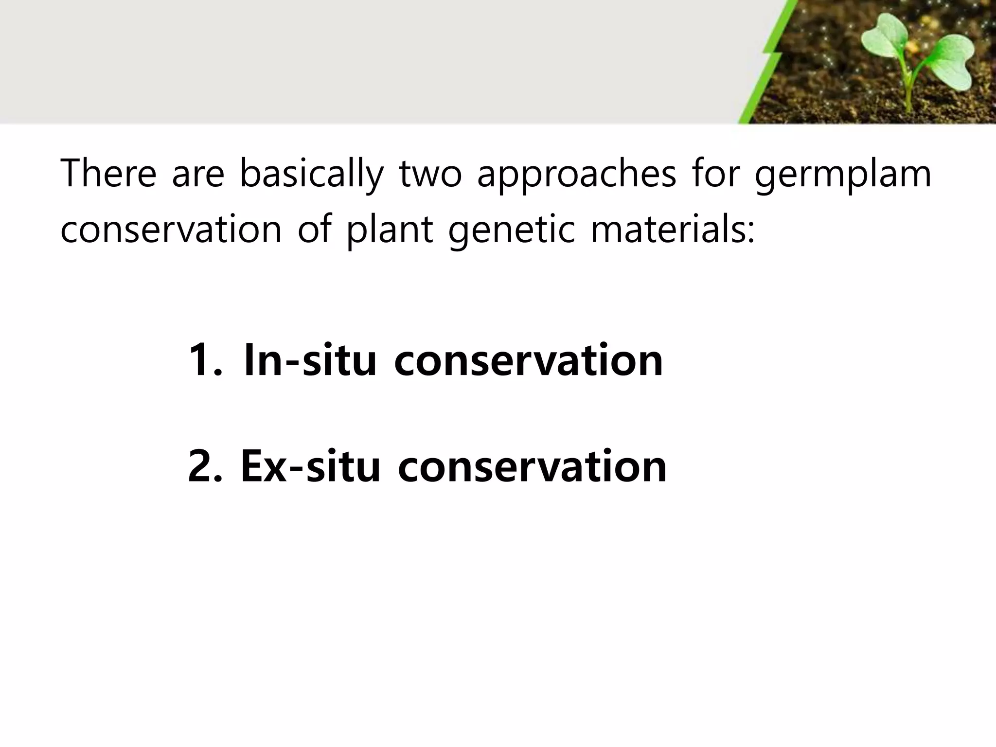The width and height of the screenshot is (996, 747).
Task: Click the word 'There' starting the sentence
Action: coord(108,174)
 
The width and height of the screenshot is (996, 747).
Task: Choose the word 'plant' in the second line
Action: coord(389,230)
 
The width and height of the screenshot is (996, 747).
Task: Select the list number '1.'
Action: coord(205,360)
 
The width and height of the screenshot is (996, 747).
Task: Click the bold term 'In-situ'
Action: coord(310,360)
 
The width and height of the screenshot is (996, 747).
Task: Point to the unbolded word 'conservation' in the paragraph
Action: coord(171,230)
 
